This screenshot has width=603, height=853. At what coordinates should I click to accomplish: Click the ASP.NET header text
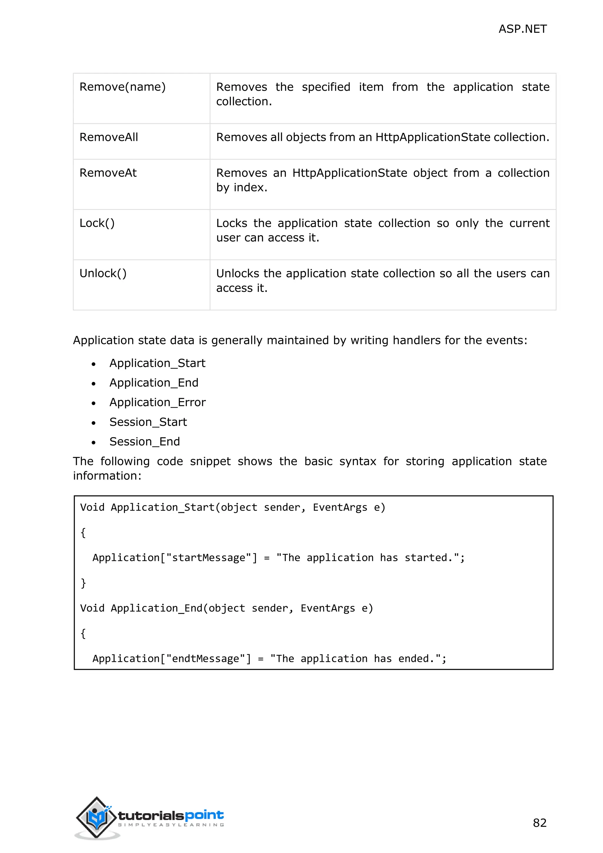pos(522,29)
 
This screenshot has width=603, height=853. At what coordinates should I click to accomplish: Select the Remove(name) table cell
pos(122,87)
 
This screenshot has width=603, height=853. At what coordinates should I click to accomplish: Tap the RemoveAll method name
pos(108,137)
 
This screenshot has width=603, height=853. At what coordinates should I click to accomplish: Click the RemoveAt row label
pos(108,173)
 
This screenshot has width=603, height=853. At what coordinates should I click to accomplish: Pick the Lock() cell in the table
pos(97,223)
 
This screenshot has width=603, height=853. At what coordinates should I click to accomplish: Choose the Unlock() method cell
pos(103,273)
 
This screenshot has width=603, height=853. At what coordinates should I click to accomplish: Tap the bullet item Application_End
pos(154,383)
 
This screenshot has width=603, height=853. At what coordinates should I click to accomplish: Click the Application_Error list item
pos(158,402)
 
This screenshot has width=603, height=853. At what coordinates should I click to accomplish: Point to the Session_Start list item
pos(148,422)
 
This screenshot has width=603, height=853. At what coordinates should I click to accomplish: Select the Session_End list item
pos(145,442)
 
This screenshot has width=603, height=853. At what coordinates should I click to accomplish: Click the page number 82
pos(539,823)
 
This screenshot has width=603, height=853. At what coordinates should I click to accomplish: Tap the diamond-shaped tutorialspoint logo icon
pos(96,817)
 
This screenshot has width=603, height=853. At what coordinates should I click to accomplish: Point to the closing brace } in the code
pos(83,583)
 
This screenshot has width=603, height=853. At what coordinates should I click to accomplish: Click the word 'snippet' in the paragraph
pos(210,462)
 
